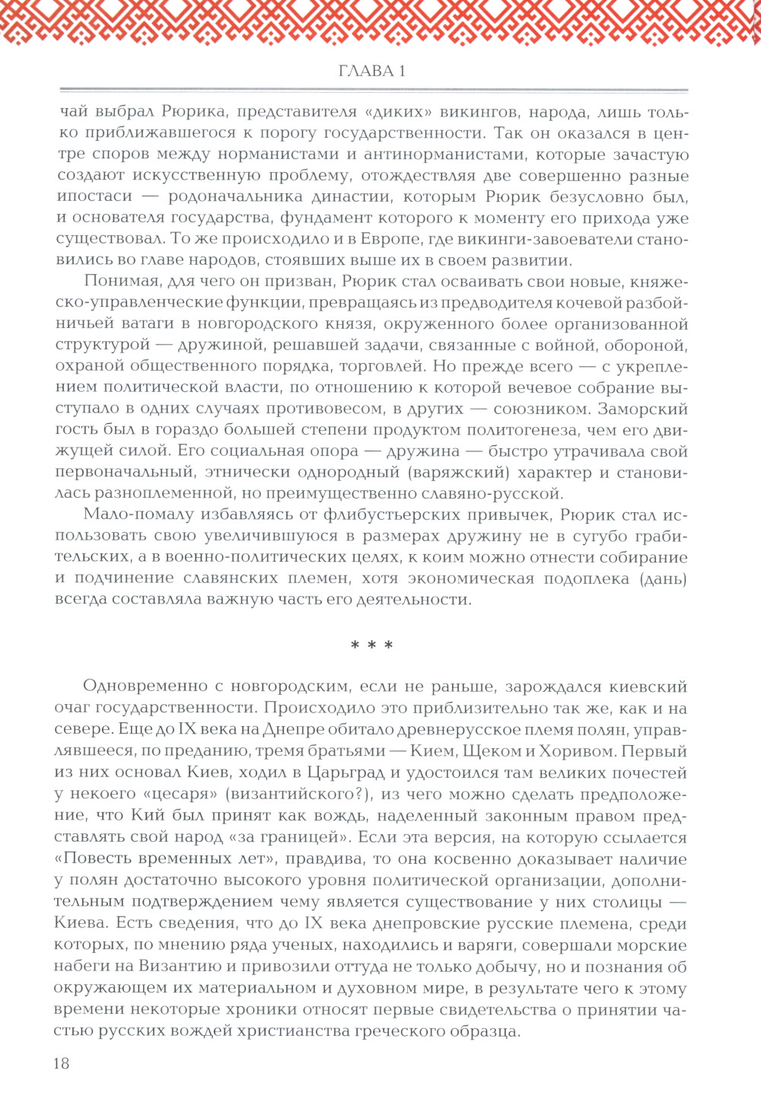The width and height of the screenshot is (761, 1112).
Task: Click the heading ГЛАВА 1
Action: click(371, 72)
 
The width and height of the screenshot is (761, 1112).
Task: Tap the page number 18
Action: click(62, 1063)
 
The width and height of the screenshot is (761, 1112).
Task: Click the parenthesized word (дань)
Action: click(664, 578)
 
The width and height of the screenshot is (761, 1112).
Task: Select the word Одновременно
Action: click(145, 687)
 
